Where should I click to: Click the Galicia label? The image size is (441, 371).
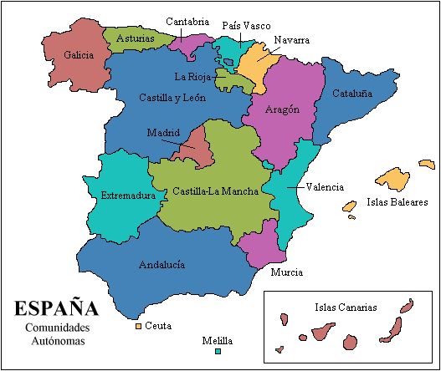pos(77,55)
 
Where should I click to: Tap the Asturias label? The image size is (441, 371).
pos(135,38)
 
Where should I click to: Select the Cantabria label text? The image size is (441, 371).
pos(187,22)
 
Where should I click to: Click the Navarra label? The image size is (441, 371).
pos(291,39)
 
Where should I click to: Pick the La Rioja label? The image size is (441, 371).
pos(192,76)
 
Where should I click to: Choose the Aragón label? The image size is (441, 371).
pos(282,110)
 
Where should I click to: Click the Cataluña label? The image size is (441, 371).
pos(351,94)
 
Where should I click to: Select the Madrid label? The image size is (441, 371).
pos(163,133)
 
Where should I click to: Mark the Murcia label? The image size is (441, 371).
pos(287,272)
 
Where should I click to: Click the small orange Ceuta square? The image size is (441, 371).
pos(138,325)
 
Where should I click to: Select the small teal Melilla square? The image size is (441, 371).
pos(217,353)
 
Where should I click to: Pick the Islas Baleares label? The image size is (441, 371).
pos(397,201)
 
